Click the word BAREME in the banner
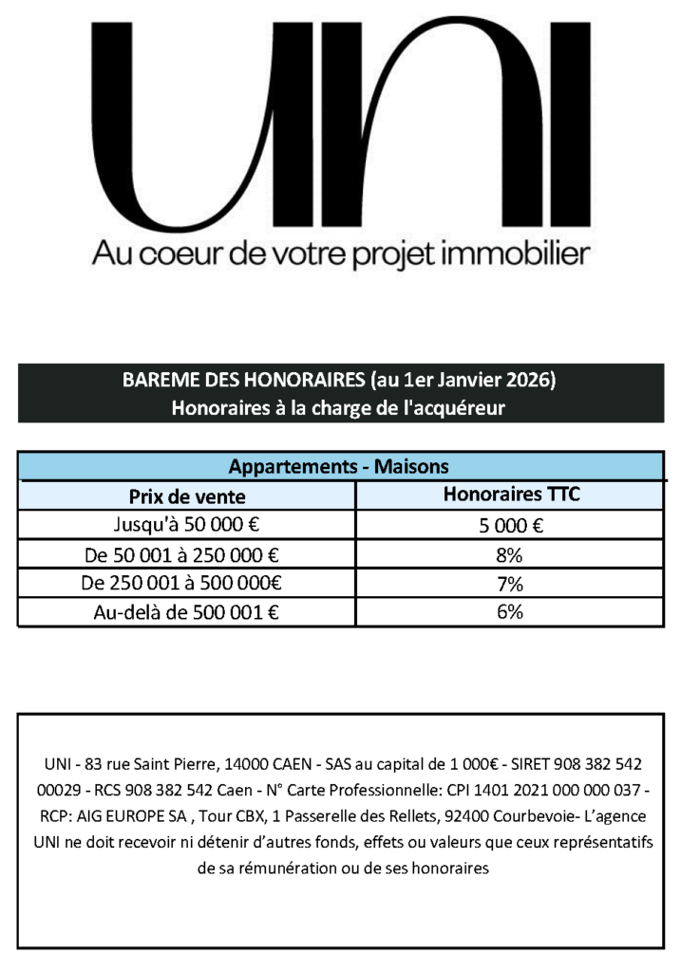pos(156,381)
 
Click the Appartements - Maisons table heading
pos(339,467)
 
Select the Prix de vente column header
pos(187,495)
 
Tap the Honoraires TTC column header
pos(511,495)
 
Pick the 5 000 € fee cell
pos(511,526)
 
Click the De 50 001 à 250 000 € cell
pos(187,554)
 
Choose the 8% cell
pos(511,554)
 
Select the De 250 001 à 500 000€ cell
pos(187,583)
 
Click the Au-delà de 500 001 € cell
pos(187,612)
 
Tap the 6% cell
pos(511,612)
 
